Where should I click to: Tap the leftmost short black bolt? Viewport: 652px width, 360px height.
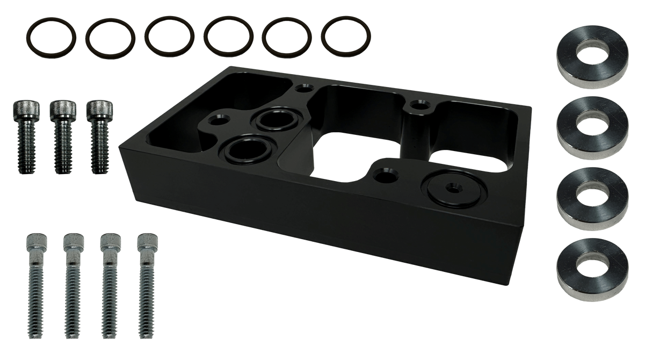24,136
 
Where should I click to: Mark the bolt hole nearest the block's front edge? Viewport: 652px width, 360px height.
384,175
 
